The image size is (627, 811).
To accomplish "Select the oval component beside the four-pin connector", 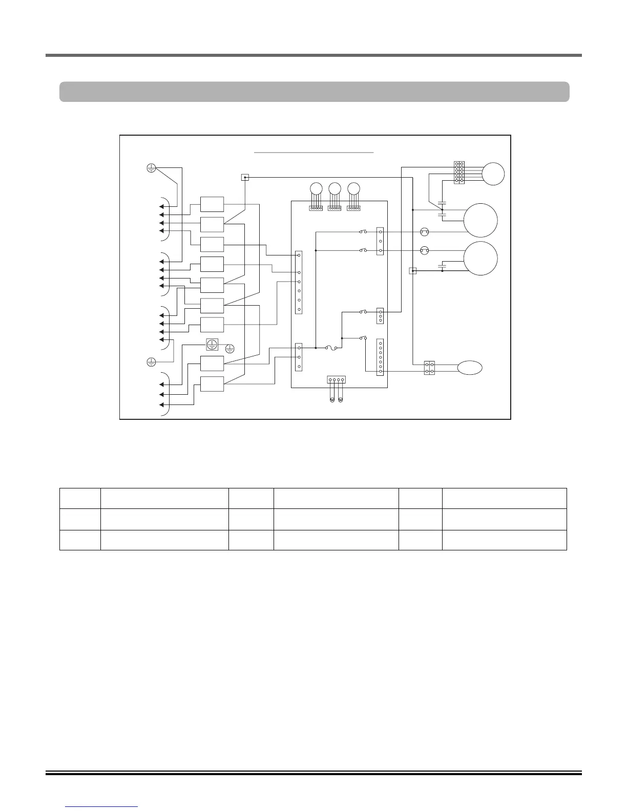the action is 470,368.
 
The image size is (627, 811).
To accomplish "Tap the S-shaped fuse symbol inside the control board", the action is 330,348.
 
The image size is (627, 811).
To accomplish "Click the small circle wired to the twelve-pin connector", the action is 494,174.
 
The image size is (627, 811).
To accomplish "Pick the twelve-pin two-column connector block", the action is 459,173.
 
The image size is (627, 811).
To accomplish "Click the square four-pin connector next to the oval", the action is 430,368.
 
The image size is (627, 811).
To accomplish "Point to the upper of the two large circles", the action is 480,220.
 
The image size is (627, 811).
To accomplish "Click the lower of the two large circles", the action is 480,258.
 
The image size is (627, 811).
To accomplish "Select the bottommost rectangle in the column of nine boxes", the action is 212,384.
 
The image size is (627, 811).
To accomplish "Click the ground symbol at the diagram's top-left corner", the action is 152,167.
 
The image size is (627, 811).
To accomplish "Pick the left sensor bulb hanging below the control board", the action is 332,399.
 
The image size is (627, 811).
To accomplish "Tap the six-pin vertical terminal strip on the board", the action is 299,282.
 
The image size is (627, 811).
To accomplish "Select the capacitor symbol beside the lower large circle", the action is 443,266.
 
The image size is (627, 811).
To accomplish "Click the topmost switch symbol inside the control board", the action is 363,232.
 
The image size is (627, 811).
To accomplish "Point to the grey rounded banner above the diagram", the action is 315,92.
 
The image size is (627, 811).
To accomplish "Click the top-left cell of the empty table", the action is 80,498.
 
